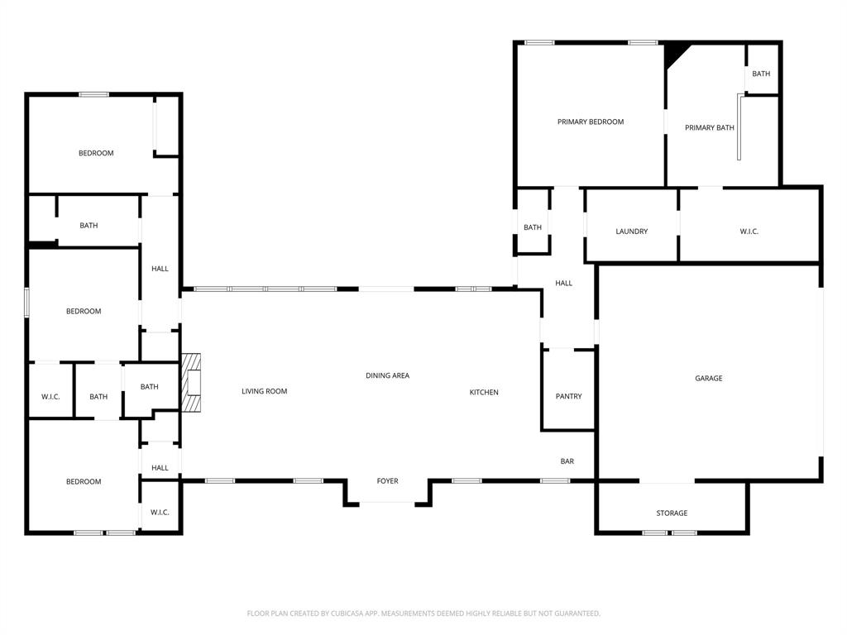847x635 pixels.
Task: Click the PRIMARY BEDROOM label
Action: (x=590, y=122)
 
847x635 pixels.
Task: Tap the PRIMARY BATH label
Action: (x=709, y=127)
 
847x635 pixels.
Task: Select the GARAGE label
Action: (x=708, y=378)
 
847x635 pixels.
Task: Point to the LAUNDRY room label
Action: (x=631, y=232)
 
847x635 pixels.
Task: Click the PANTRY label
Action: (x=568, y=396)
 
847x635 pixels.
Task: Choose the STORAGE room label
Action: (x=672, y=513)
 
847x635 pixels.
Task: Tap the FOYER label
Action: (x=387, y=481)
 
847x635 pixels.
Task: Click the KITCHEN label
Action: (x=484, y=392)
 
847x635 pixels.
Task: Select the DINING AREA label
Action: (x=387, y=375)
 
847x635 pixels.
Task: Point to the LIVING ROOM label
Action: (x=264, y=391)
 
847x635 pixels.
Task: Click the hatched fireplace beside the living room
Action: (x=191, y=383)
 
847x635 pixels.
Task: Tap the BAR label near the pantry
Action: (x=567, y=461)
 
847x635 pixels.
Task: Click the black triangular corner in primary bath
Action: (x=674, y=53)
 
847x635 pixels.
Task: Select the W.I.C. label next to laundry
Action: (x=749, y=232)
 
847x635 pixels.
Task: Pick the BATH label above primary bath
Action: (x=761, y=74)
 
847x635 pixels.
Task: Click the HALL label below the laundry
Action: (x=563, y=283)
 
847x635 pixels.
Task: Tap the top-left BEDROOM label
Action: (x=96, y=153)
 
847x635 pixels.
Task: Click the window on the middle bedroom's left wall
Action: (x=26, y=302)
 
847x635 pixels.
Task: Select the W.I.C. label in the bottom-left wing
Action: (x=160, y=513)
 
